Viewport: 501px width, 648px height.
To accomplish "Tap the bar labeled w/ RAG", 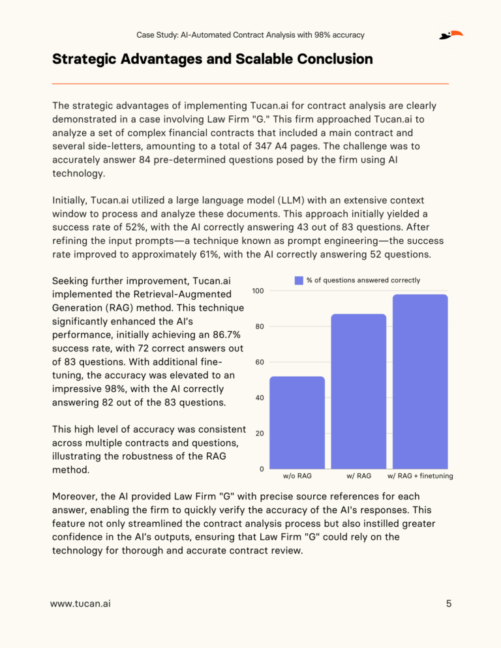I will (x=359, y=391).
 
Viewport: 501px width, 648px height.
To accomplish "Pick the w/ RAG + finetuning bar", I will (x=420, y=381).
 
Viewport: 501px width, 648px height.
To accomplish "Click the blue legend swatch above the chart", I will (x=299, y=280).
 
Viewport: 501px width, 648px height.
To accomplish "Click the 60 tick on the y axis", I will (x=258, y=362).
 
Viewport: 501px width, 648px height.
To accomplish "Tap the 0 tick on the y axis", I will (x=261, y=469).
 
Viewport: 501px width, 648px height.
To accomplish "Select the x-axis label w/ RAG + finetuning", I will (x=420, y=476).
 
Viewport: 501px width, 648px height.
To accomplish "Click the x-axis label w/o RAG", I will (x=297, y=476).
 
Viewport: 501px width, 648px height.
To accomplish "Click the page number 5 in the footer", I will (x=449, y=604).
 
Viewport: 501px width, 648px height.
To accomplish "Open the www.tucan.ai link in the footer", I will (x=80, y=604).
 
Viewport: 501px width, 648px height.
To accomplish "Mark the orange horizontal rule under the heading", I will (x=250, y=83).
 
